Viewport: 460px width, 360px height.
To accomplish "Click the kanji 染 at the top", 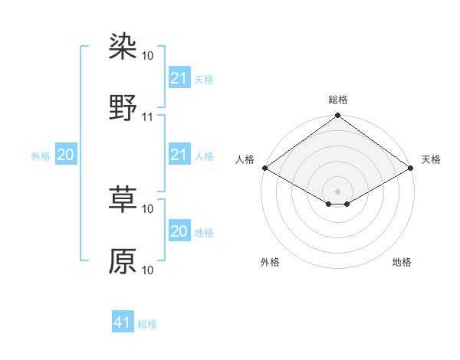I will click(x=123, y=47).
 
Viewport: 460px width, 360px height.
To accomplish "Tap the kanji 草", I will click(x=123, y=199).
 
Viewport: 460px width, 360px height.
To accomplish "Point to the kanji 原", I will click(x=123, y=260).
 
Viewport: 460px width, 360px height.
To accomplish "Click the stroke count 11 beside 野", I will click(x=148, y=117).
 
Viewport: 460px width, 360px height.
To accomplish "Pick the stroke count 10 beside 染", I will click(x=148, y=56).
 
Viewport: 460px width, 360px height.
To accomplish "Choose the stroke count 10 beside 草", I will click(x=148, y=208).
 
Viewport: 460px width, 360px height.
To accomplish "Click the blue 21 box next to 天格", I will click(x=179, y=78).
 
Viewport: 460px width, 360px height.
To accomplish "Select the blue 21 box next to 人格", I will click(x=179, y=155).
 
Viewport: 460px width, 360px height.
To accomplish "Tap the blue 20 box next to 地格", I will click(x=179, y=231).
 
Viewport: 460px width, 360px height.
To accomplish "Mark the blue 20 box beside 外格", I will click(x=65, y=155).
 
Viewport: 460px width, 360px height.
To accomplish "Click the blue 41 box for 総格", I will click(x=123, y=322).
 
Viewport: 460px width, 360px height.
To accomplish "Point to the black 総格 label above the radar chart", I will click(x=338, y=100).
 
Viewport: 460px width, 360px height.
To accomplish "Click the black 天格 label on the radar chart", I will click(x=431, y=159).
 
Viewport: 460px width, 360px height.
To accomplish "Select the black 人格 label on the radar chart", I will click(x=245, y=159).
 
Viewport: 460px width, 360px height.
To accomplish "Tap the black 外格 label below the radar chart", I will click(x=270, y=263).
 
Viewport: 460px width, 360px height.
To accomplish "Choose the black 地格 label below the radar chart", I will click(x=402, y=263).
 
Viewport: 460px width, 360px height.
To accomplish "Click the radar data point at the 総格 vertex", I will click(x=338, y=116).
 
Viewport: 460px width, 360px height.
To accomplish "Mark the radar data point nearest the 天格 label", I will click(x=412, y=168).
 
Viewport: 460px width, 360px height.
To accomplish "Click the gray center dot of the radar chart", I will click(x=338, y=191).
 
